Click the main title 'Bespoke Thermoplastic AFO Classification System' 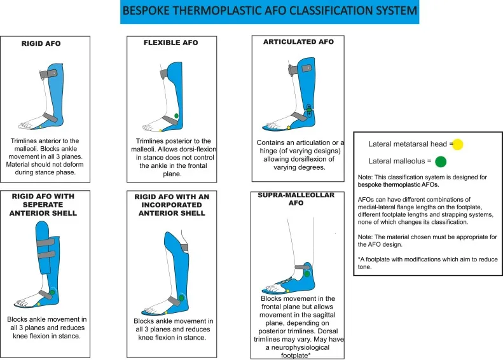point(269,12)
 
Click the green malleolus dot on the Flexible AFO point(176,116)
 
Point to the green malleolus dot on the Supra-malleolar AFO point(307,273)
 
